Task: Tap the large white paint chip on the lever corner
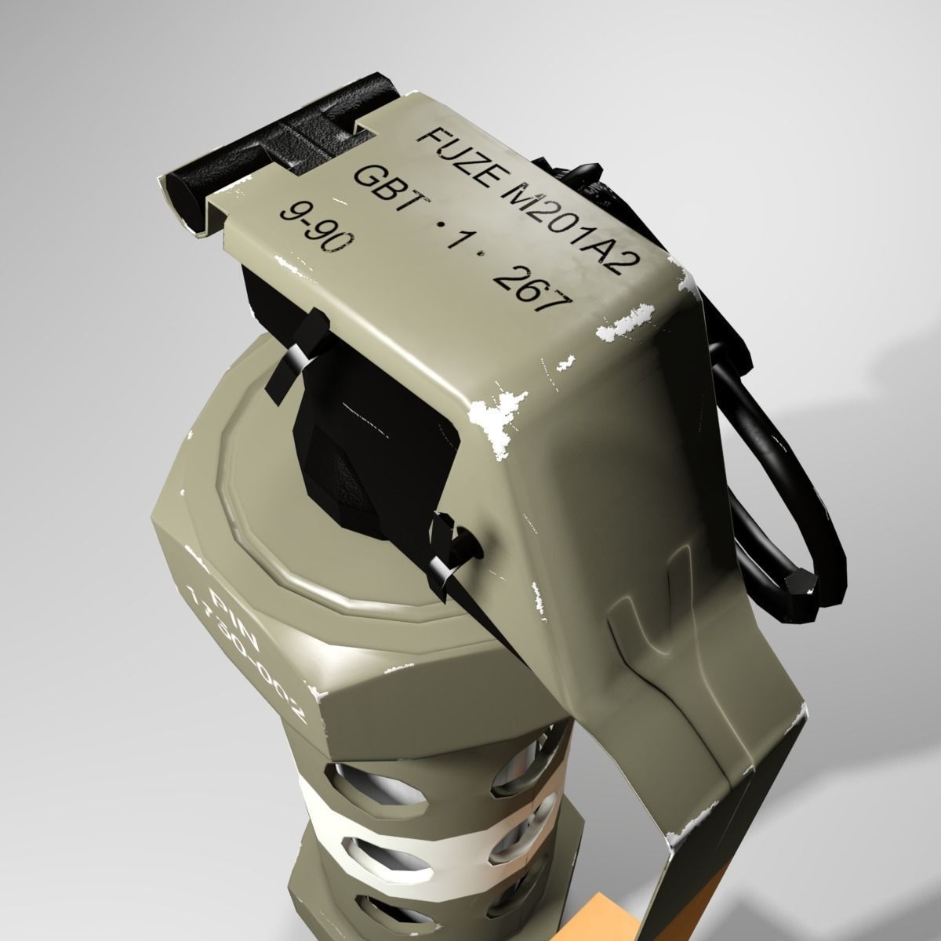tap(498, 416)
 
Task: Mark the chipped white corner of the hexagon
tap(318, 695)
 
